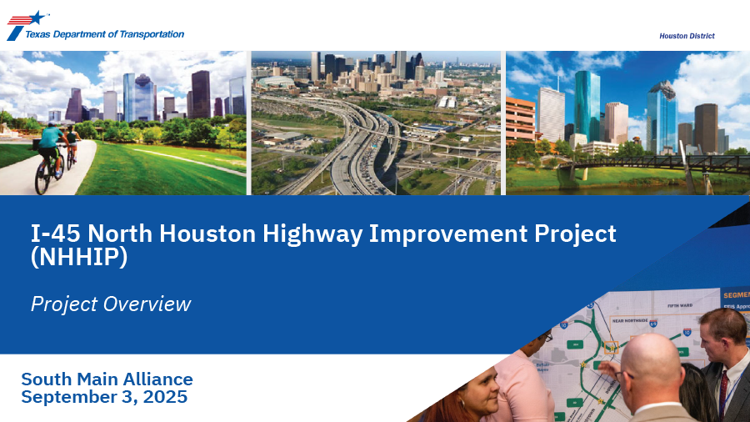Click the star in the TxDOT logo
point(37,18)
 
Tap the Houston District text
point(687,36)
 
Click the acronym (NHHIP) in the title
point(79,258)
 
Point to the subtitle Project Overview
point(111,304)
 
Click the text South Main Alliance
point(107,379)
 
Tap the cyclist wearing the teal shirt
point(51,142)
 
